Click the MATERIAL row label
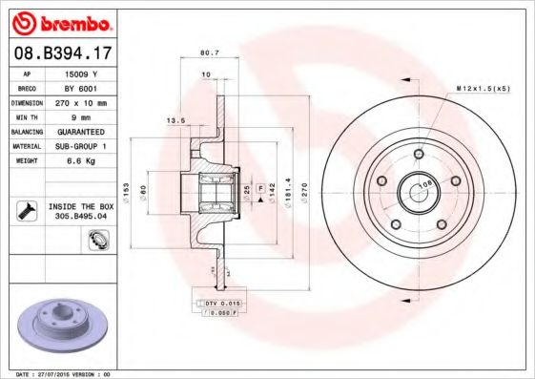coord(25,146)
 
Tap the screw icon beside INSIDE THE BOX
coord(25,209)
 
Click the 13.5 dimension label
coord(175,121)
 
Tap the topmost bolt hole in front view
coord(418,154)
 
